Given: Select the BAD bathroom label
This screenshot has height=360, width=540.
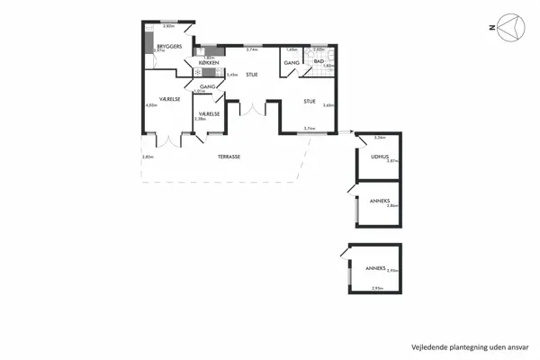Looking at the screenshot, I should [x=319, y=60].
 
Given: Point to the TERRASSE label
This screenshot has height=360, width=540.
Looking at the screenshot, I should [x=229, y=157].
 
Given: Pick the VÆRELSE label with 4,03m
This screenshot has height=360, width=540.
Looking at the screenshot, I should [x=170, y=99].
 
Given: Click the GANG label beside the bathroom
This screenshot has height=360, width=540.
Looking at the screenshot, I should [x=292, y=63].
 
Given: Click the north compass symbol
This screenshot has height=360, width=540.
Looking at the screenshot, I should [x=510, y=29].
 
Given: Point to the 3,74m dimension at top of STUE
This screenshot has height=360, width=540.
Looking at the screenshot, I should [x=252, y=49].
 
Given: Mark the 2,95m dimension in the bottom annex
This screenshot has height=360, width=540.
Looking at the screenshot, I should [x=378, y=288].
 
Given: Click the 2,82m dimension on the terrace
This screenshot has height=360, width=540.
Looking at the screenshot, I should [x=148, y=157].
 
